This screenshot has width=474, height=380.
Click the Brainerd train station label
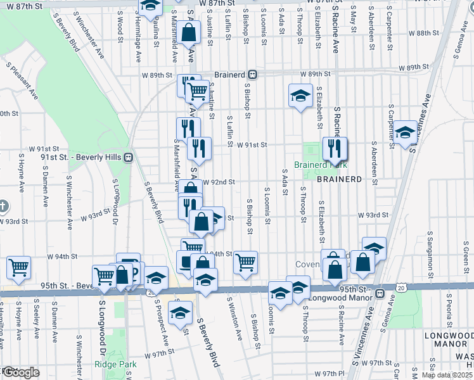point(229,74)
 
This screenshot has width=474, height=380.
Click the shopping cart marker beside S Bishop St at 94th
point(245,262)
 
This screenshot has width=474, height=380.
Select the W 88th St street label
point(424,33)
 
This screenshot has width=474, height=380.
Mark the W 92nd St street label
point(219,182)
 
